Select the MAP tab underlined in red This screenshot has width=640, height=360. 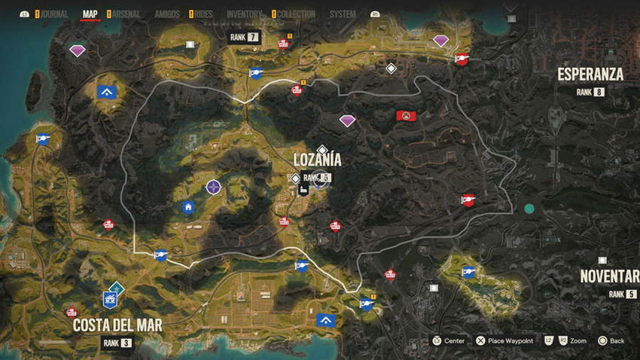90,14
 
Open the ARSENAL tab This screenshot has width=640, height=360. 126,14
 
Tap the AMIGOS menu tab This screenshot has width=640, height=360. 166,14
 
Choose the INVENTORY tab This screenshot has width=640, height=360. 243,14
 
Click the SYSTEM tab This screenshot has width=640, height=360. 343,14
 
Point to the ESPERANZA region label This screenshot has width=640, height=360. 590,74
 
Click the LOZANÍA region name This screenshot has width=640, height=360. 317,160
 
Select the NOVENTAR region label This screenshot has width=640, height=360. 609,276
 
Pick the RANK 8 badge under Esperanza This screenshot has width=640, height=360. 590,92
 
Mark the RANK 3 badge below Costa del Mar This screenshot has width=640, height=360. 117,343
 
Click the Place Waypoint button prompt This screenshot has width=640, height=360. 504,341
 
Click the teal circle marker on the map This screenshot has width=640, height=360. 529,209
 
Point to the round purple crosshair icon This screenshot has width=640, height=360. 214,185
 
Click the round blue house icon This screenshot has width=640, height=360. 188,207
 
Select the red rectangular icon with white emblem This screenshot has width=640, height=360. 407,116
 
